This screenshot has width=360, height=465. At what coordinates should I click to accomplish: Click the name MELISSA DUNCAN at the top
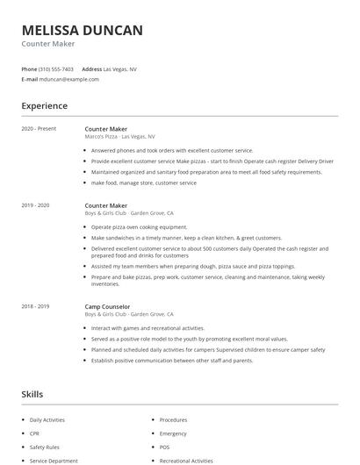coord(82,31)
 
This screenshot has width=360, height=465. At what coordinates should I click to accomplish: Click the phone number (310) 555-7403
coord(56,68)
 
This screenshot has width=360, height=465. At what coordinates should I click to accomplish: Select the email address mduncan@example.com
coord(68,79)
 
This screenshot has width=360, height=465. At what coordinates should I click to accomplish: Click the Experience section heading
coord(44,106)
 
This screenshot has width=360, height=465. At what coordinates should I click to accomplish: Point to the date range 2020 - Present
coord(39,129)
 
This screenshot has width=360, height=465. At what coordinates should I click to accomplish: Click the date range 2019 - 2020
coord(35,205)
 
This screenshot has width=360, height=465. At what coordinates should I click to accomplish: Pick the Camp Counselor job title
coord(109,306)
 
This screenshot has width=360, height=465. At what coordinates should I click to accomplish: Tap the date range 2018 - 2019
coord(35,306)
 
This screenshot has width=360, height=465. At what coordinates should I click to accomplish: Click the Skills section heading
coord(32,395)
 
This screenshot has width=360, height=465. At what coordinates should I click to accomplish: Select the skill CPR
coord(35,433)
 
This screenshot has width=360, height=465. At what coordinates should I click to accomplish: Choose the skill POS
coord(164,447)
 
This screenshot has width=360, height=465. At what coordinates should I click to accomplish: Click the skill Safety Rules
coord(44,447)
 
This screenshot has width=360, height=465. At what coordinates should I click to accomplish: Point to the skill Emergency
coord(173,433)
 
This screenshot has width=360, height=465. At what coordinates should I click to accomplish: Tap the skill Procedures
coord(173,420)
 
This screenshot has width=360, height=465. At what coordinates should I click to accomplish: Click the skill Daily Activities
coord(47,420)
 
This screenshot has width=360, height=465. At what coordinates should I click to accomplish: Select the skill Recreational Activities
coord(186,461)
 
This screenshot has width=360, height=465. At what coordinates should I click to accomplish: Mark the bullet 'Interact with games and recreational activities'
coord(148,328)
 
